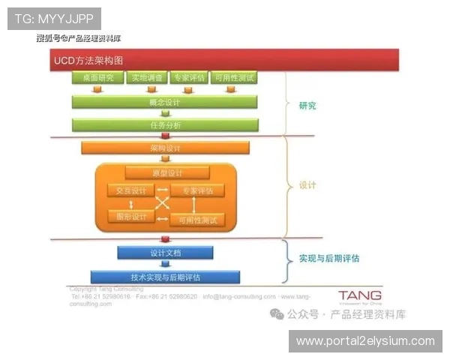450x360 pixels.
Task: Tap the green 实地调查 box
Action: pos(147,77)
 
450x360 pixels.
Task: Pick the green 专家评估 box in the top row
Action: pos(188,77)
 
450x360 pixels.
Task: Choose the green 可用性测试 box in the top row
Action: pos(233,77)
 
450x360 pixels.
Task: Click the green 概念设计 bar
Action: pos(165,101)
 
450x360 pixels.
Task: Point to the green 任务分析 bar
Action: pos(165,124)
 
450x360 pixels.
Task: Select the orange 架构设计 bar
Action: pos(165,148)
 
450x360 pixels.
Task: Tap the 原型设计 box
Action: pos(166,173)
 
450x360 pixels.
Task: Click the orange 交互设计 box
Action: pos(130,190)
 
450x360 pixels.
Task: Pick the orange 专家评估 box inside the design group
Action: pos(197,190)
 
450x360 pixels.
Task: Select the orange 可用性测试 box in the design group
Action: pos(197,220)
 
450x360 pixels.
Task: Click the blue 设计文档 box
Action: pos(165,252)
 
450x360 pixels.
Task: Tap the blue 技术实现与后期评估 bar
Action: pos(165,277)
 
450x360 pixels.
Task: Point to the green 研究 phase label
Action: pos(307,106)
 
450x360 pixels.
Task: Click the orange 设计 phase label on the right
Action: pos(307,184)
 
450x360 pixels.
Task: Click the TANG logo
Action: pos(359,295)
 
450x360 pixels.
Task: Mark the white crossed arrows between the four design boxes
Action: pos(163,203)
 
